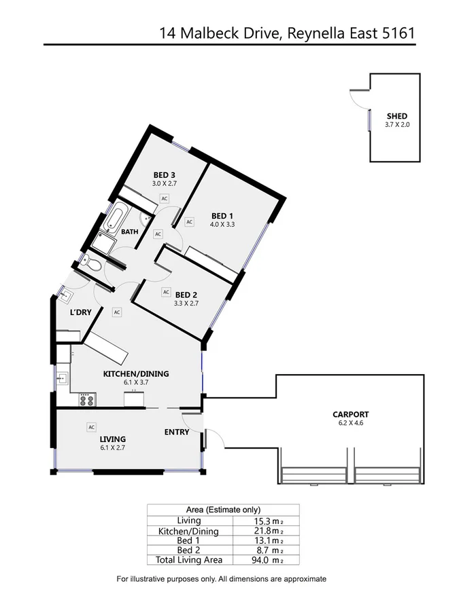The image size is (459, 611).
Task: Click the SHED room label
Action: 396,117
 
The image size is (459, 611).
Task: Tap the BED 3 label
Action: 165,174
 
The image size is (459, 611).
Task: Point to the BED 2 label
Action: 186,295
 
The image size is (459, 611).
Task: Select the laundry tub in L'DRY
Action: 66,295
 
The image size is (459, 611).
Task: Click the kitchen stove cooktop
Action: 86,400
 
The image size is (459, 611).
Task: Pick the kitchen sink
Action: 63,377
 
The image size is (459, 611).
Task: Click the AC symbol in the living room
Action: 90,427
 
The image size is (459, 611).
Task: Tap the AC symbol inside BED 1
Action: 190,221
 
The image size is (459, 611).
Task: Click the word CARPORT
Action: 350,414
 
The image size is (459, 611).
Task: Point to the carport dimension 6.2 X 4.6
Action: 350,423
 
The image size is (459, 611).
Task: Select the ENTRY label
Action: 177,432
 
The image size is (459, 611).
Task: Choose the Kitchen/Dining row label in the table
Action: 188,531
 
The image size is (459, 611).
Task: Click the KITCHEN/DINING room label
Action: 136,374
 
